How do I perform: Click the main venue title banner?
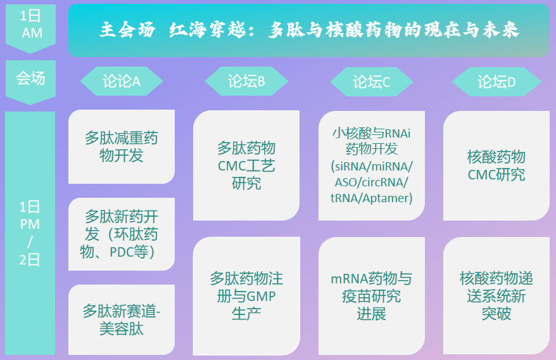click(309, 30)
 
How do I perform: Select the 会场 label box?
click(30, 82)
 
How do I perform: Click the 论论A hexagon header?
click(122, 81)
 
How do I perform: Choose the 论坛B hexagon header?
click(246, 81)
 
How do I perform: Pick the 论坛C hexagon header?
click(372, 82)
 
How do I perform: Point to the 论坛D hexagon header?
click(496, 82)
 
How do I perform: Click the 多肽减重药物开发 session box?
click(122, 146)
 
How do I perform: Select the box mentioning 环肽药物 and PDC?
click(122, 235)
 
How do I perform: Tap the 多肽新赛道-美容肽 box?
click(122, 319)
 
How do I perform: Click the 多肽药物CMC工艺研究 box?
click(246, 165)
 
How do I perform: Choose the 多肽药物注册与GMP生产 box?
click(246, 296)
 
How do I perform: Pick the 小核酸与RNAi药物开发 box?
click(372, 165)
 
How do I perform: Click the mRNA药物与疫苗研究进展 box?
click(372, 296)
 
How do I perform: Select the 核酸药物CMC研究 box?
click(496, 165)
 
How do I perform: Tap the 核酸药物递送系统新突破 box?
click(496, 296)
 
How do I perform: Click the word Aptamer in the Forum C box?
click(386, 198)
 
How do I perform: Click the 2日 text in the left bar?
click(30, 260)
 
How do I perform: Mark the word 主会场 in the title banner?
click(127, 29)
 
